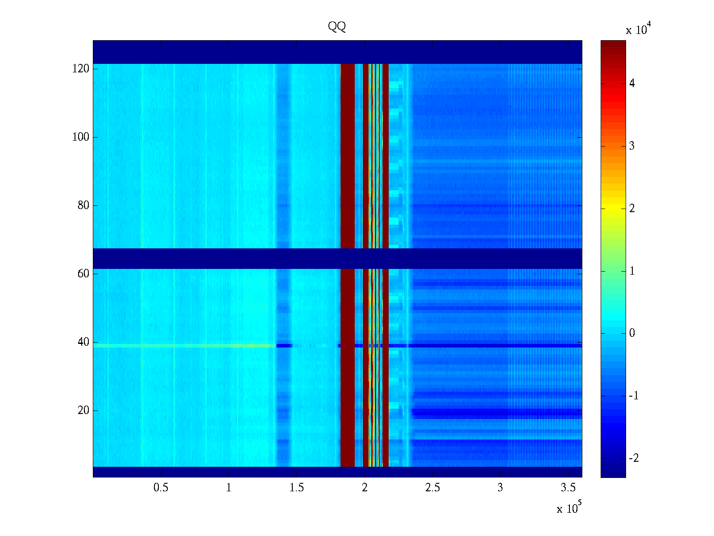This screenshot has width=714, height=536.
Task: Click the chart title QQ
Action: pos(337,27)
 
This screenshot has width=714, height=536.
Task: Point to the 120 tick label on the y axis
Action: pos(81,69)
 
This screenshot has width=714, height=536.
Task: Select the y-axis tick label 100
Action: pos(81,137)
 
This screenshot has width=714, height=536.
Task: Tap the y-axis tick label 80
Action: pos(83,205)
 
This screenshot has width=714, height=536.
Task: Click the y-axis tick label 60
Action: pos(83,274)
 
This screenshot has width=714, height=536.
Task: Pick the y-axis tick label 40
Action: pos(83,342)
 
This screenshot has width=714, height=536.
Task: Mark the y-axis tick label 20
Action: pos(83,410)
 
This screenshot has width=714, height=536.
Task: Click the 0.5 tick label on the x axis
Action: pos(161,488)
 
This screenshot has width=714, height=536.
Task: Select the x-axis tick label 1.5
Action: pos(297,488)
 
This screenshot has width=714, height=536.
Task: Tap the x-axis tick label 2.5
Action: pos(432,488)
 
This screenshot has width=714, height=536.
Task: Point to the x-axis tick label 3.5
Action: pos(568,488)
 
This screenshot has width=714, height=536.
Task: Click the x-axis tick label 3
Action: pos(500,488)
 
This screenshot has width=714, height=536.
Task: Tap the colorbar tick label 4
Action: pos(632,84)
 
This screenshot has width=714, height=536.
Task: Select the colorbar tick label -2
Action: pos(634,459)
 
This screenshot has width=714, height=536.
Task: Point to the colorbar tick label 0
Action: pos(632,333)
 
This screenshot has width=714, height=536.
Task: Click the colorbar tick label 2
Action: pos(632,209)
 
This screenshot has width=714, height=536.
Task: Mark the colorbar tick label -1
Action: pos(634,396)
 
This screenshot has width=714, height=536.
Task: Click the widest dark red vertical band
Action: pos(348,179)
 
